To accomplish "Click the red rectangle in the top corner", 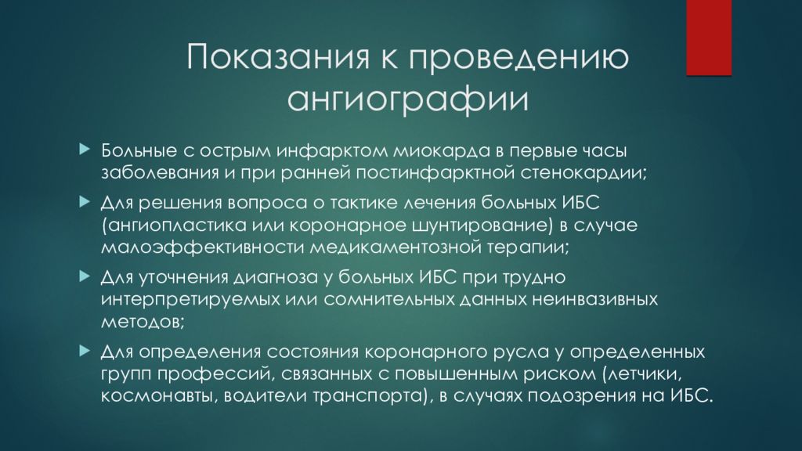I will pos(709,37).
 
